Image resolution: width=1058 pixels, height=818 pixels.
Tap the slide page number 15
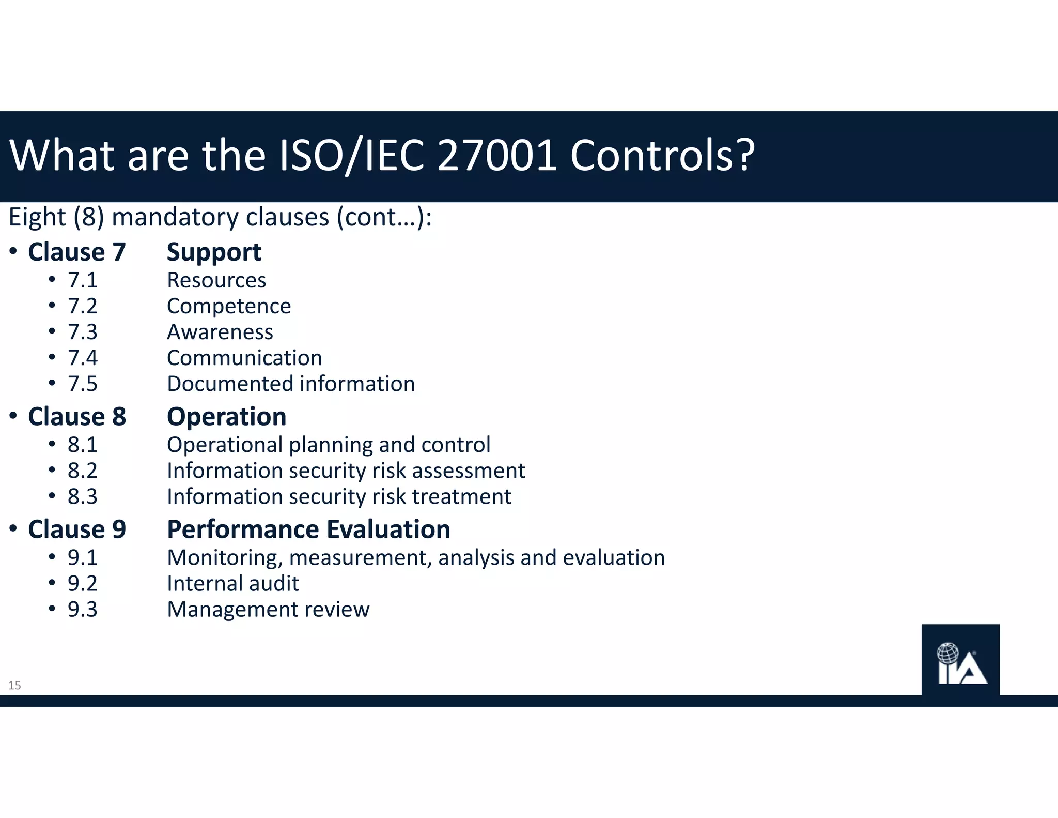(x=14, y=686)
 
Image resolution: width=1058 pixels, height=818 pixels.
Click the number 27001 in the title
(x=497, y=155)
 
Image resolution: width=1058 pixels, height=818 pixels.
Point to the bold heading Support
(x=214, y=253)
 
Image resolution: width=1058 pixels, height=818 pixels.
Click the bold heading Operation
(x=226, y=417)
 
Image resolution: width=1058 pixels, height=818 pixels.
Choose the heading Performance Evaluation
(x=308, y=529)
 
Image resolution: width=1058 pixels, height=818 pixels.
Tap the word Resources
(x=216, y=280)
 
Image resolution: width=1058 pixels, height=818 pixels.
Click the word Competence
(x=229, y=307)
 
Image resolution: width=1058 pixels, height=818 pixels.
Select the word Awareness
(x=220, y=332)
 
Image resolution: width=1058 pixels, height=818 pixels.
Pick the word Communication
(x=244, y=358)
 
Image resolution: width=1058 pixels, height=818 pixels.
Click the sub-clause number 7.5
(x=83, y=384)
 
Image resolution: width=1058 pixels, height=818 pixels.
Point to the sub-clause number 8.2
(x=83, y=471)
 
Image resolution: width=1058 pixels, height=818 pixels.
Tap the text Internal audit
(x=233, y=584)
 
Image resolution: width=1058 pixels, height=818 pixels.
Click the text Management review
(x=268, y=610)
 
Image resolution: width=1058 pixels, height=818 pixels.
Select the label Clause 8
(x=77, y=417)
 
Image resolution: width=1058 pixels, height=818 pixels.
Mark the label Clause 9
(x=77, y=529)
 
